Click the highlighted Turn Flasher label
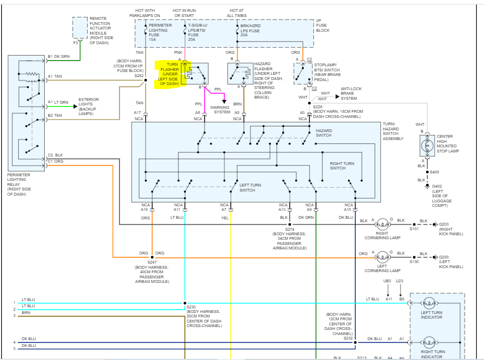coord(168,74)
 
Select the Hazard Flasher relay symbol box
coord(240,74)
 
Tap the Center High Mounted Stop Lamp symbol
coord(427,145)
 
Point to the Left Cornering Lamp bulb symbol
coord(382,257)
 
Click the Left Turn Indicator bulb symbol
coord(429,303)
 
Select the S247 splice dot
coord(152,257)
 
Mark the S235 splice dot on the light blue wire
coord(185,303)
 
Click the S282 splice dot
coord(146,81)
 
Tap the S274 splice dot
coord(290,225)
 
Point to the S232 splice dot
coord(355,342)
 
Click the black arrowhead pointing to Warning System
coord(224,101)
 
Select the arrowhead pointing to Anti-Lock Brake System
coord(337,96)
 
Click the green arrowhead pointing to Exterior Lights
coord(75,107)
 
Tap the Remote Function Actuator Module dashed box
coord(80,28)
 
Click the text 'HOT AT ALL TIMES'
coord(236,13)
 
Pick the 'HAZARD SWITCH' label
coord(324,133)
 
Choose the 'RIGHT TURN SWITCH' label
coord(342,166)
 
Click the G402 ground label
coord(437,186)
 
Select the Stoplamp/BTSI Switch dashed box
coord(303,74)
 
